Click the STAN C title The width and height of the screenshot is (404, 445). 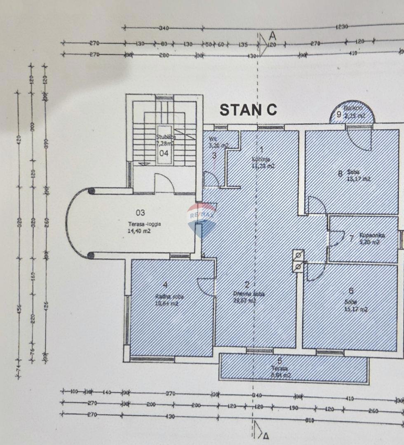pos(248,110)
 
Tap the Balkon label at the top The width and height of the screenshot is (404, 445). pos(353,108)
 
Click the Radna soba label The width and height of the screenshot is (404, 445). pos(169,297)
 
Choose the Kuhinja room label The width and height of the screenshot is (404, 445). pos(261,159)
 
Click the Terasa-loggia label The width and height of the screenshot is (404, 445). pos(144,225)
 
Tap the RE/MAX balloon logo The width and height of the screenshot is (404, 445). pos(202,220)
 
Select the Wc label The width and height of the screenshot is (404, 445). pos(213,139)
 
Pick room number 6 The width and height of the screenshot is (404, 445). pos(351,291)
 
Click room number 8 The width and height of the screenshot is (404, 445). pos(340,173)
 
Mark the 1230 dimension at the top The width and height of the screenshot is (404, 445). pos(342,27)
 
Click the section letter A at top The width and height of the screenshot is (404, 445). pos(272,36)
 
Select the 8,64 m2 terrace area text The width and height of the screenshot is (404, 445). pos(281,375)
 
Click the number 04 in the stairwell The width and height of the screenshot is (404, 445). pos(164,153)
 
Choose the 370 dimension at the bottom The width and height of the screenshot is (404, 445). pos(170,393)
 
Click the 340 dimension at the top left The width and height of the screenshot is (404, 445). pos(164,28)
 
